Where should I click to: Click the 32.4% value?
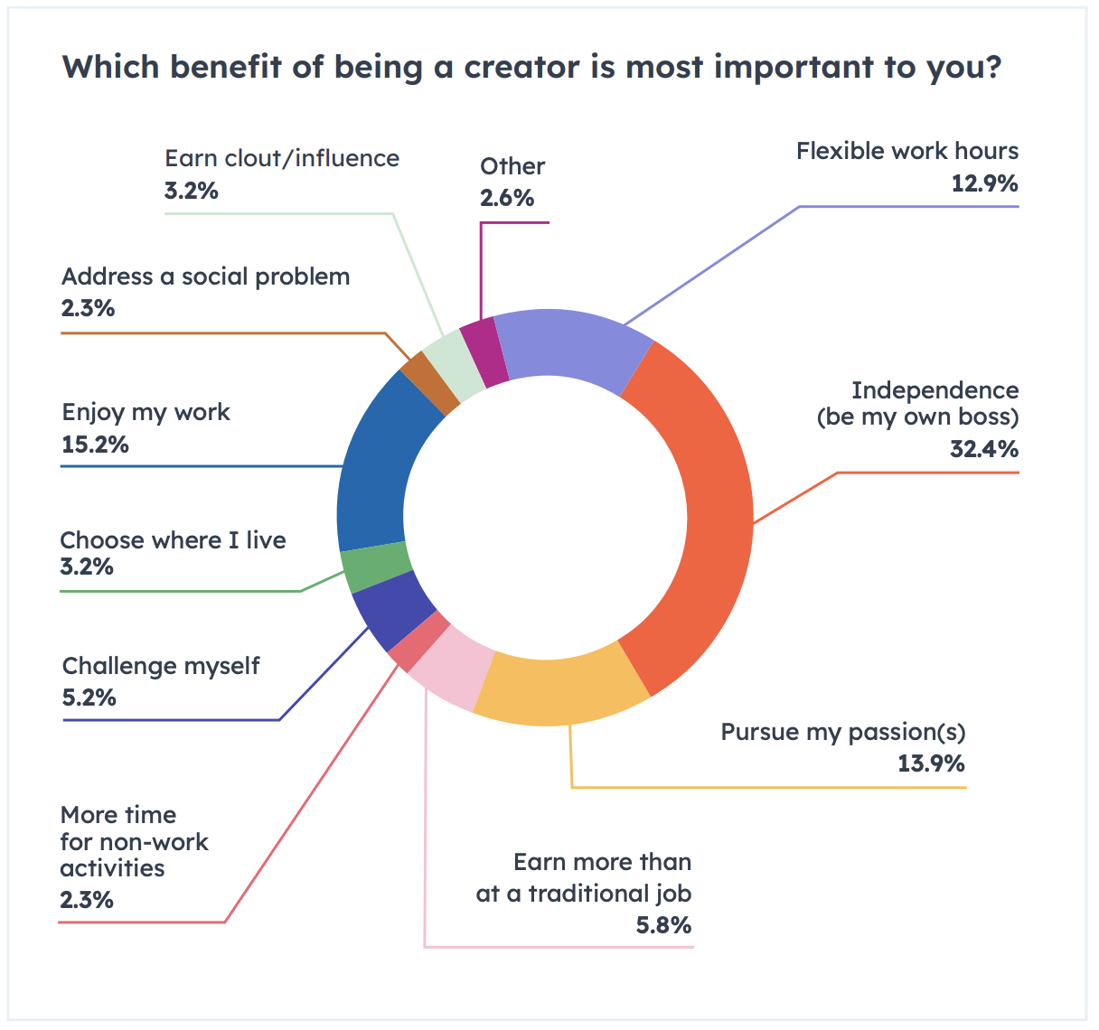(x=983, y=448)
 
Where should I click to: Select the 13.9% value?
(x=931, y=763)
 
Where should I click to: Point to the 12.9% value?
(x=984, y=183)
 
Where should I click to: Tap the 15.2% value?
(x=95, y=445)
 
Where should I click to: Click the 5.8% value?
(x=663, y=925)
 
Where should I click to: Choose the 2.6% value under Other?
(x=507, y=198)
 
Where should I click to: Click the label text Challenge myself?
(x=161, y=667)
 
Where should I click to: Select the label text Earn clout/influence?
(x=282, y=159)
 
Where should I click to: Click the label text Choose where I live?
(x=173, y=540)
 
